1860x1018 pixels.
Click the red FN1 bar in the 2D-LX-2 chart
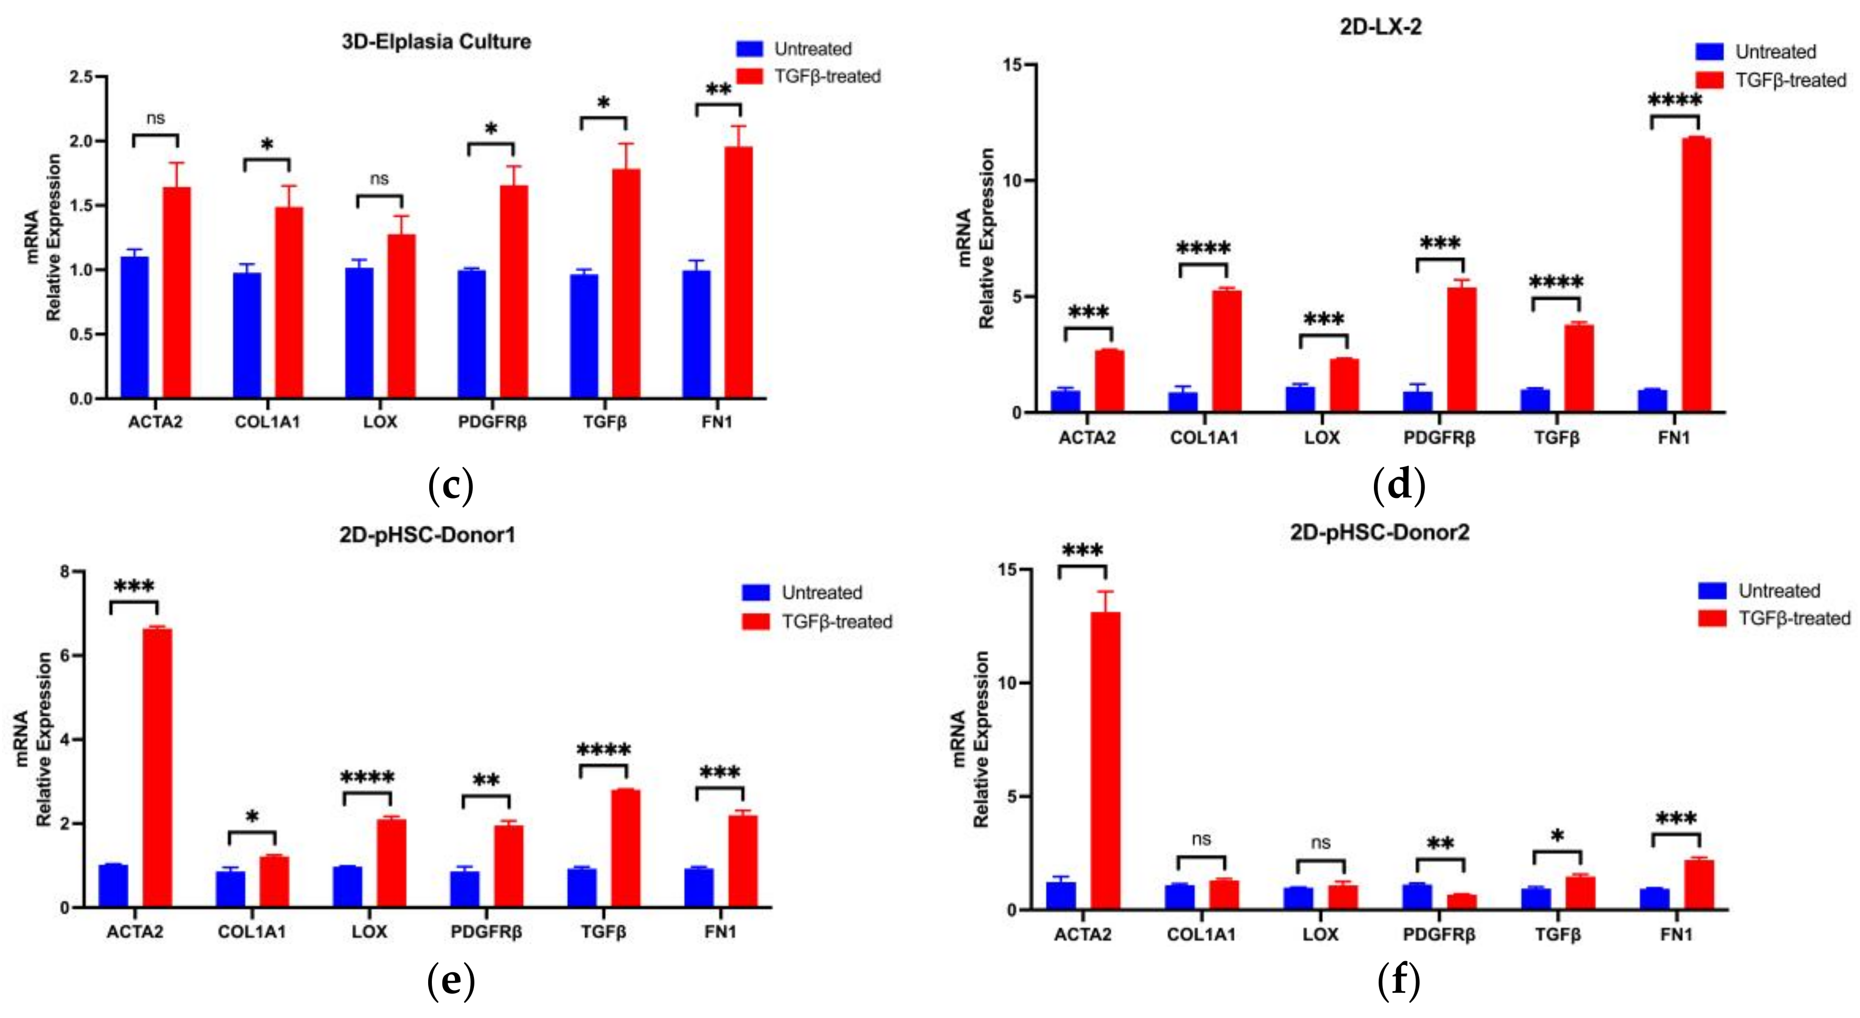tap(1695, 274)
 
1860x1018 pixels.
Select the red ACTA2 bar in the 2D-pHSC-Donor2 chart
tap(1105, 758)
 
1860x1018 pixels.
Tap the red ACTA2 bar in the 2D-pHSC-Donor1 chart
tap(157, 765)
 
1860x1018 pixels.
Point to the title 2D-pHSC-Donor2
tap(1379, 532)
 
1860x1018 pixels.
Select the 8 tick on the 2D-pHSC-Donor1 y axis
tap(66, 572)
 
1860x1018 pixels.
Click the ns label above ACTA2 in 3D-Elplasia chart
tap(155, 118)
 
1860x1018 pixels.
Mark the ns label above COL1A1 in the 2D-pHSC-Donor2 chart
tap(1201, 838)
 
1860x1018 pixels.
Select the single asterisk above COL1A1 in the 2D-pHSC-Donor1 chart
tap(251, 817)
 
